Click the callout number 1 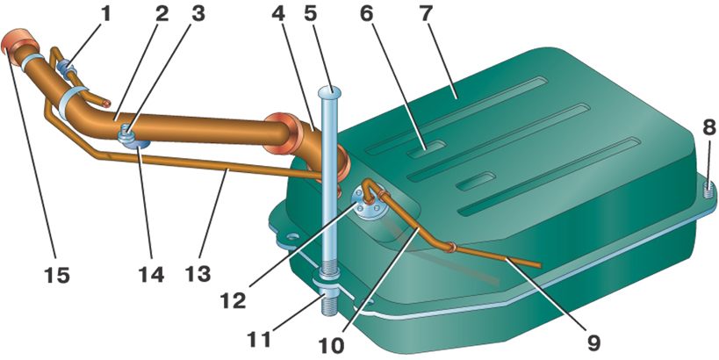106,14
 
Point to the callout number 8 708,128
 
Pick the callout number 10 332,346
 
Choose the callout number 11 259,340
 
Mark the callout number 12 233,301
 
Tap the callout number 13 198,274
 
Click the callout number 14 150,275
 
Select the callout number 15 57,275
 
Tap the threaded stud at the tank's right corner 708,189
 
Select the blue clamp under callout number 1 65,68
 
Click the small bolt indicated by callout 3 126,134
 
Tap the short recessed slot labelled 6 428,149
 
